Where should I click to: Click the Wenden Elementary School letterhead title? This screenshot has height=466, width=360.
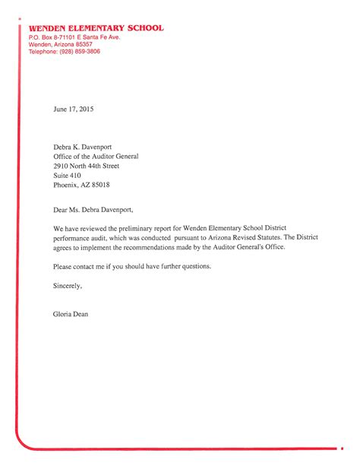pyautogui.click(x=96, y=28)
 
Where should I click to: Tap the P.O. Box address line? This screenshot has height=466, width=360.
pyautogui.click(x=74, y=36)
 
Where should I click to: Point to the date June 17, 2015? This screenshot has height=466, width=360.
pyautogui.click(x=73, y=109)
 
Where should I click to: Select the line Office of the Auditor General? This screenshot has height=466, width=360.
pyautogui.click(x=96, y=155)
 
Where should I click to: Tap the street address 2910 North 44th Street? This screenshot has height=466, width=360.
pyautogui.click(x=86, y=165)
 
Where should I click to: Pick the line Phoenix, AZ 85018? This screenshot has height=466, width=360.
pyautogui.click(x=81, y=185)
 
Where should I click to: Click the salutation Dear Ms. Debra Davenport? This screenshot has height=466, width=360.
pyautogui.click(x=97, y=208)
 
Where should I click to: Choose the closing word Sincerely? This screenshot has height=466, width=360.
pyautogui.click(x=68, y=287)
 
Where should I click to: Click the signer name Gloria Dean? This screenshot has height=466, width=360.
pyautogui.click(x=71, y=314)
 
